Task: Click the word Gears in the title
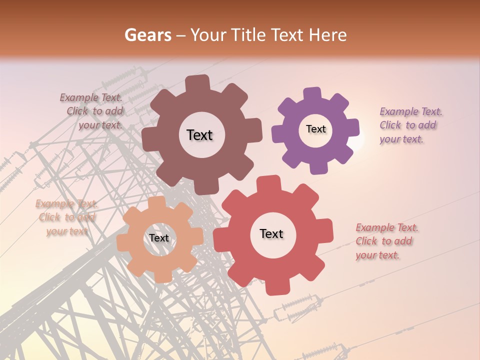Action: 147,35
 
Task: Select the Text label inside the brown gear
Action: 199,135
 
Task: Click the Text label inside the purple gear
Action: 316,129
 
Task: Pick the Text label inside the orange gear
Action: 159,238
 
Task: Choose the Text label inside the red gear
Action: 271,233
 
